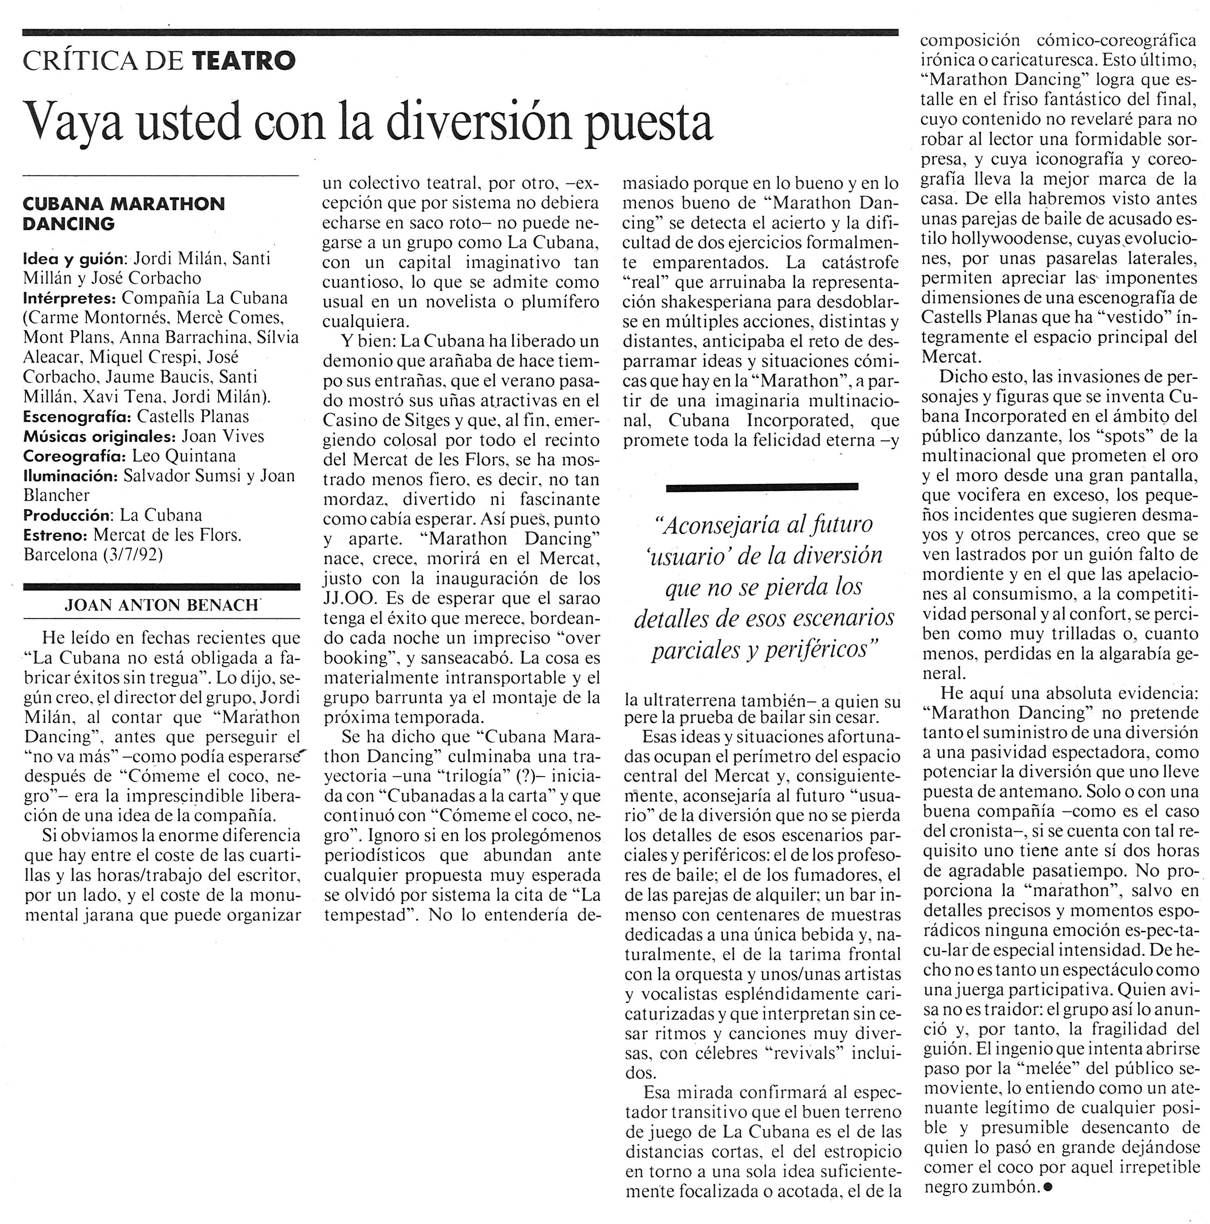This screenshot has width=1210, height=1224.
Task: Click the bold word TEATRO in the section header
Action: pos(243,61)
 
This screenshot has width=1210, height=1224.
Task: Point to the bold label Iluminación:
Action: pos(70,476)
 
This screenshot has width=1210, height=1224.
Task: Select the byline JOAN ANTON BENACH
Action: pos(162,606)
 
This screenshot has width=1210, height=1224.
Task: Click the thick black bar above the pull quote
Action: pos(762,487)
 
